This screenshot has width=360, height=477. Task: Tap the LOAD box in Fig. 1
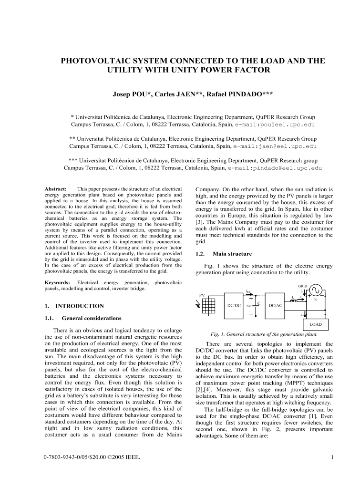317,324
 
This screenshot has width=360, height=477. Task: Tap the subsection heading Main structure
236,255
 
